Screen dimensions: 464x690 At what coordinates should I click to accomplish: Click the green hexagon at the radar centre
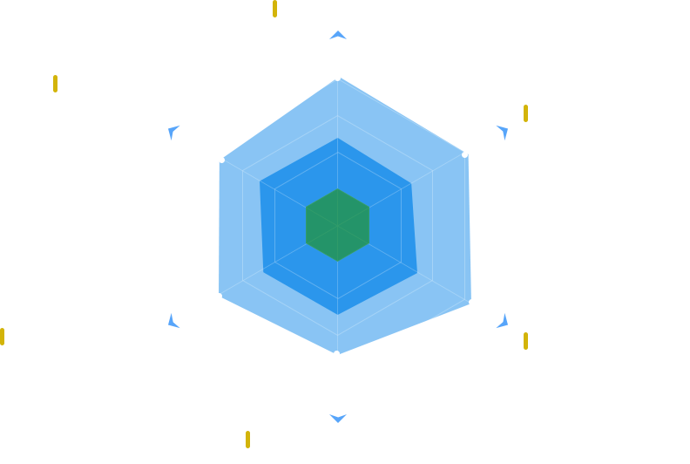[x=337, y=224]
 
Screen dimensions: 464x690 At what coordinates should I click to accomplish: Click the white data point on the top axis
[x=337, y=78]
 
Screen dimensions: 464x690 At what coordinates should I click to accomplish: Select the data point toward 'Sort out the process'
[x=464, y=154]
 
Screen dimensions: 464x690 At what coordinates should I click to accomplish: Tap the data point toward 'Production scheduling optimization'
[x=472, y=302]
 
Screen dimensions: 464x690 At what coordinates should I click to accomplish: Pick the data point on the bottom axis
[x=337, y=353]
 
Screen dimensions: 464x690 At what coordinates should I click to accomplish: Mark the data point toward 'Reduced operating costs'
[x=219, y=296]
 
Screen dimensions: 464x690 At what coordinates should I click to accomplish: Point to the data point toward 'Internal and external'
[x=221, y=160]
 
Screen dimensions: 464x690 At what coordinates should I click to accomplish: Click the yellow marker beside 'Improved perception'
[x=274, y=10]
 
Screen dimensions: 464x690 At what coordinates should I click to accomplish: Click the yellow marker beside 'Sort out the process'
[x=525, y=113]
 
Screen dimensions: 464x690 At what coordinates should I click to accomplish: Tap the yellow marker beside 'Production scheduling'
[x=525, y=341]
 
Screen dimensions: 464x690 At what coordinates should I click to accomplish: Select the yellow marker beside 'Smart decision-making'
[x=247, y=439]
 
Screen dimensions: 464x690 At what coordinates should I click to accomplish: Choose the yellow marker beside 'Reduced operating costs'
[x=3, y=337]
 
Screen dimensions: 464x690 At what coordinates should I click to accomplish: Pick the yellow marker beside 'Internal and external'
[x=55, y=84]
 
